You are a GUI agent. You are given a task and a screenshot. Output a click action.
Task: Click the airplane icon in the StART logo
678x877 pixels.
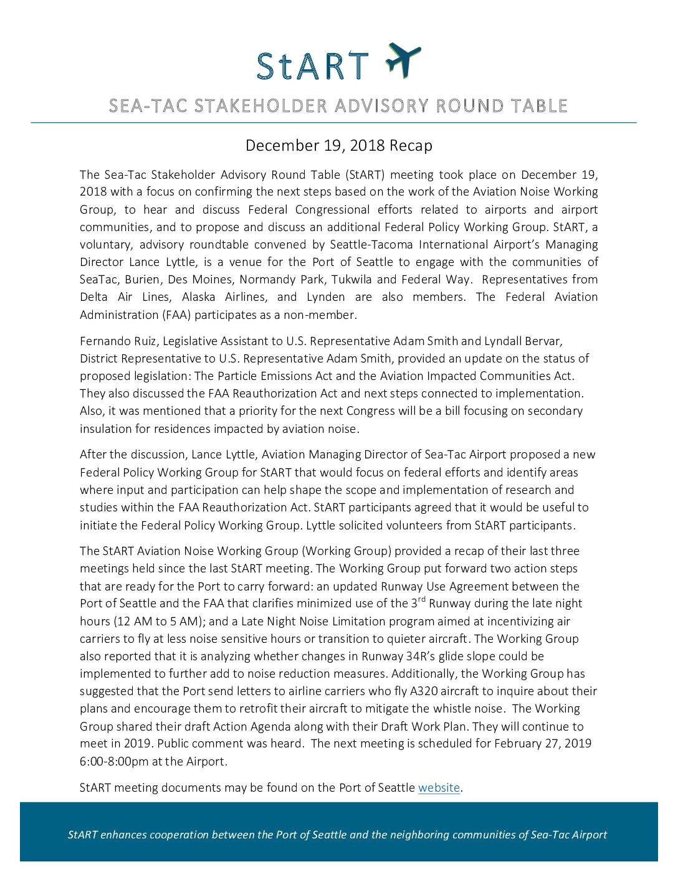pyautogui.click(x=403, y=60)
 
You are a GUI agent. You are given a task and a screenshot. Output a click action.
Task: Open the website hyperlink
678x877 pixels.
pyautogui.click(x=439, y=788)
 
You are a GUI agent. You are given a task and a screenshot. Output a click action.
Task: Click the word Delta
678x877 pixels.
pyautogui.click(x=94, y=297)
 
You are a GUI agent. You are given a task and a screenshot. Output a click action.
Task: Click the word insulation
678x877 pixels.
pyautogui.click(x=104, y=429)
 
